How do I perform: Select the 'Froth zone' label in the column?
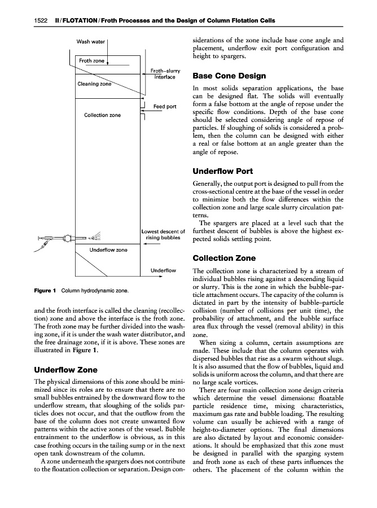[x=91, y=61]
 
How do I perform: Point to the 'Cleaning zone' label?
[x=94, y=84]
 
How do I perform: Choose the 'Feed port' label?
[x=165, y=107]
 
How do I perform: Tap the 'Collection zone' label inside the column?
[x=102, y=115]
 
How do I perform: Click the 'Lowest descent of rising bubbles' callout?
[x=164, y=235]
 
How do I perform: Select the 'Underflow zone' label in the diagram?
[x=109, y=249]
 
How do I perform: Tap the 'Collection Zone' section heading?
[x=224, y=259]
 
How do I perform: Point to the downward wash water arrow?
[x=107, y=54]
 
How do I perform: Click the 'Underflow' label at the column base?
[x=164, y=271]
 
